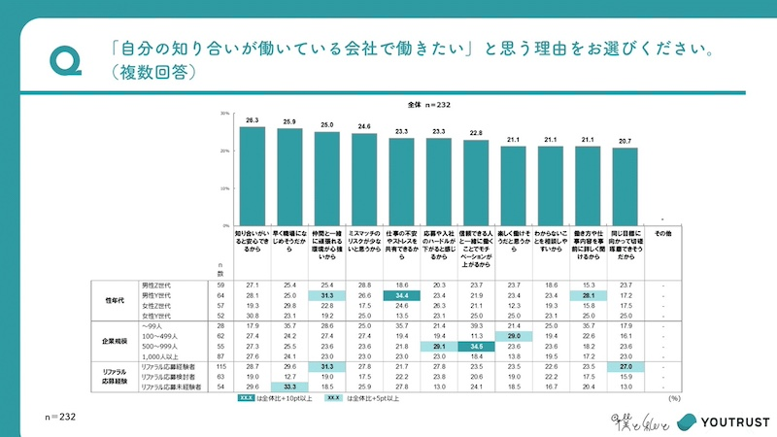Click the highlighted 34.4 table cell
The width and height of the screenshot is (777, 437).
pos(402,295)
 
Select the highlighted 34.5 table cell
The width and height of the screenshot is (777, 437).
pos(477,345)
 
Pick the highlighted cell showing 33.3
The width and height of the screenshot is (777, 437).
pos(290,387)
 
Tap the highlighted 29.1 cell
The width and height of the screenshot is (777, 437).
pos(439,345)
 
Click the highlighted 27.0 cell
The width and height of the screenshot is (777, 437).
pos(625,367)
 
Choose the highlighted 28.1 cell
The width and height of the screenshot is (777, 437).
pos(588,295)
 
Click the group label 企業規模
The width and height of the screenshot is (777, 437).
pos(116,340)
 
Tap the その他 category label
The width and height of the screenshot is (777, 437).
pos(662,234)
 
